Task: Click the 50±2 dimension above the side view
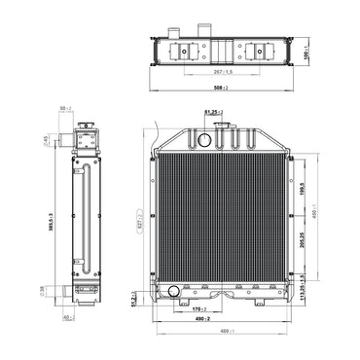click(64, 108)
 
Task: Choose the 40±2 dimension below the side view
click(66, 317)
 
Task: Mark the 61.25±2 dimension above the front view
click(214, 113)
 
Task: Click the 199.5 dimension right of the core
click(303, 188)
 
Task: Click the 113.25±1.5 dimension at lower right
click(303, 289)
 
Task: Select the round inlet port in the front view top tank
click(204, 139)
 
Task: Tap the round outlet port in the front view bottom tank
click(174, 291)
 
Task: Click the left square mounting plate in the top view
click(183, 50)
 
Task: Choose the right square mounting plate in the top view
click(262, 50)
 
